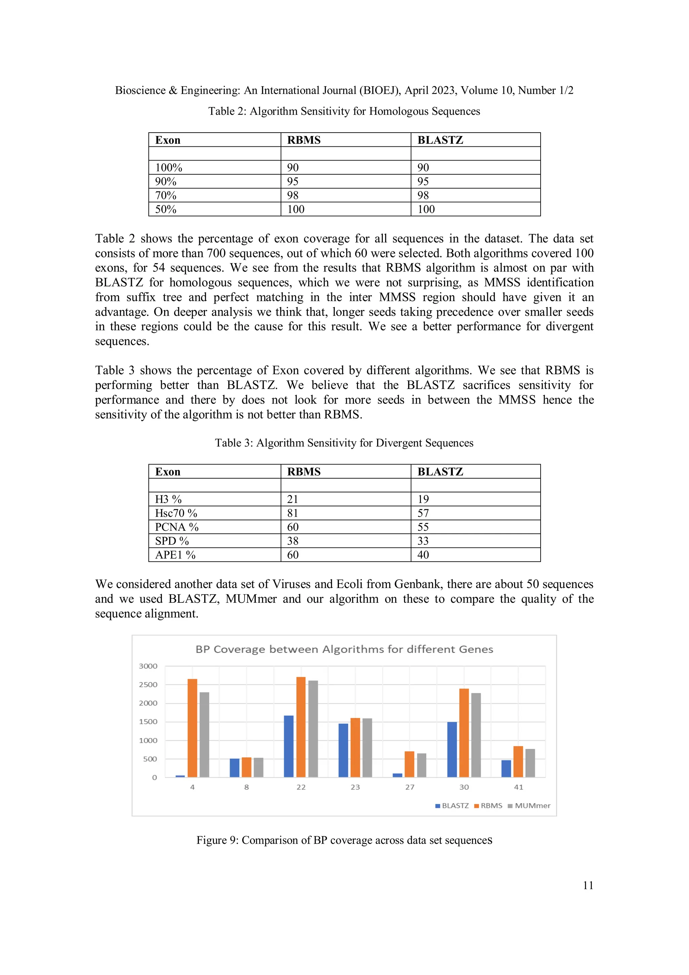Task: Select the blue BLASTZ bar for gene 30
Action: (x=452, y=750)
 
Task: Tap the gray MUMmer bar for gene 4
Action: (x=204, y=735)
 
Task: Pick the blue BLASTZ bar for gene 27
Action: (x=397, y=775)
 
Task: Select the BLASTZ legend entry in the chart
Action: (x=452, y=806)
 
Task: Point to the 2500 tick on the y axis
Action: (x=148, y=685)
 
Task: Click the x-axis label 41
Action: (x=518, y=787)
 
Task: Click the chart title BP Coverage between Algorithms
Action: (x=344, y=649)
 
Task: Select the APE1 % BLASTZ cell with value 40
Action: (x=423, y=555)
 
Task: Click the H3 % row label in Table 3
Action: (x=168, y=499)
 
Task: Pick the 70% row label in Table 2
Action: (x=166, y=195)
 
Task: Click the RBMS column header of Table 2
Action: (x=304, y=140)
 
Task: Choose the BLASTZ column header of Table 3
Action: (x=440, y=472)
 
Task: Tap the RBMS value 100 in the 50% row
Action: (x=296, y=209)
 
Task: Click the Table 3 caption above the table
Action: (x=344, y=443)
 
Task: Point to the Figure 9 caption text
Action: (x=344, y=840)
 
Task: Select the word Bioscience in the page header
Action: (x=140, y=91)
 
